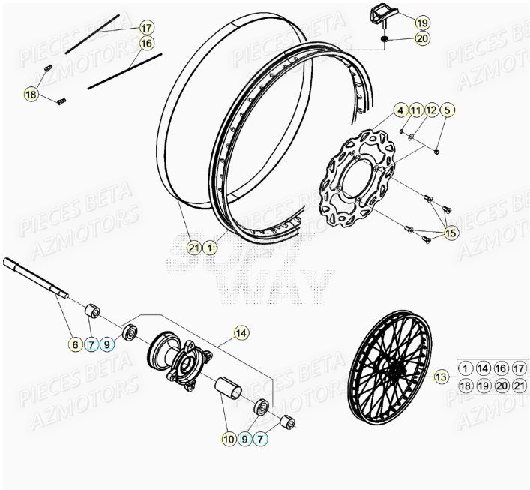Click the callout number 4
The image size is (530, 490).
401,111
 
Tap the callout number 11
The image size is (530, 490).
416,111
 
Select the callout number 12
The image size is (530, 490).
430,111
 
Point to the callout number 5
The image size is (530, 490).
447,111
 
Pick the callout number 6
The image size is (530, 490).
75,345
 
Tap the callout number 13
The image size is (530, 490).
441,377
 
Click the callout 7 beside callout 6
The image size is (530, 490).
91,345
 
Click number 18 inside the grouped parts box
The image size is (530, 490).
466,386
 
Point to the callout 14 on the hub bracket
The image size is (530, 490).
241,332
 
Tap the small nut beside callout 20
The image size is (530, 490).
385,38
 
